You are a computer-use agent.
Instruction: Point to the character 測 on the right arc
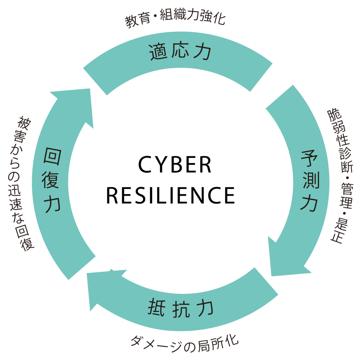(x=309, y=181)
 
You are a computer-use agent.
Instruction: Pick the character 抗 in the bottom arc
(x=181, y=309)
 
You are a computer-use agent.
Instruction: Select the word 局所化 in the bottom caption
(x=217, y=342)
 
